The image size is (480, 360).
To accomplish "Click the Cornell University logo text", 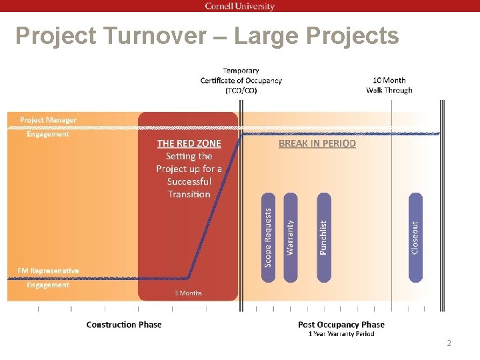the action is click(239, 6).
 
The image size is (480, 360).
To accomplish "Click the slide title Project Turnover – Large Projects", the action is click(207, 36).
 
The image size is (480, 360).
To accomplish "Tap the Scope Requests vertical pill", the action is click(268, 237).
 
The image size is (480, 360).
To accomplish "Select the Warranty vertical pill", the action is click(290, 237).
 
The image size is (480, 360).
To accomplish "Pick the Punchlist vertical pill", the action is click(323, 237).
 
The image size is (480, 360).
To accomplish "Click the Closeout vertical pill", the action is click(415, 237).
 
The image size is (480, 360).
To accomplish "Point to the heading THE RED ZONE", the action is click(189, 143).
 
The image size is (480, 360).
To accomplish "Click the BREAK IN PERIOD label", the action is click(317, 143).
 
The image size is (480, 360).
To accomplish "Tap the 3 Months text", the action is click(188, 293).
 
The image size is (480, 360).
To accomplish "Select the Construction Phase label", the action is click(124, 325).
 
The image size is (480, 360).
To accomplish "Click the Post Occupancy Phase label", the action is click(341, 325).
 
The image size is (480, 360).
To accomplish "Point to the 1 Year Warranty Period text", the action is click(341, 334).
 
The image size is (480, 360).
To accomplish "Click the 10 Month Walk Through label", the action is click(389, 85).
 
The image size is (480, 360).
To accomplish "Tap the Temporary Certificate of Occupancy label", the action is click(241, 80).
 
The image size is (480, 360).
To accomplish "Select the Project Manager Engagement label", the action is click(48, 127).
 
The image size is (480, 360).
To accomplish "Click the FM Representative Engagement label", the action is click(48, 277).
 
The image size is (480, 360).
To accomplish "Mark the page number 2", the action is click(449, 343).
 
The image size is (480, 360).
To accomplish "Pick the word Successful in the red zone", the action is click(189, 181).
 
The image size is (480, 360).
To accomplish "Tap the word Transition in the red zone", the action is click(189, 194).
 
